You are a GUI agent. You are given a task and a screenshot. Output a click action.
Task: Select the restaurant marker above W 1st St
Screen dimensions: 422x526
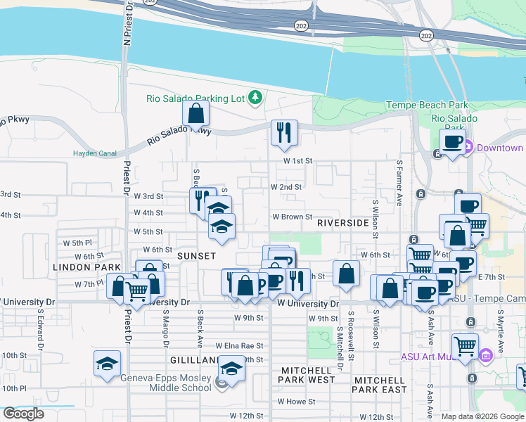(x=284, y=132)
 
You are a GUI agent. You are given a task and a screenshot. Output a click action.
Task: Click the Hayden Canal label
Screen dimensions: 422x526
(x=92, y=153)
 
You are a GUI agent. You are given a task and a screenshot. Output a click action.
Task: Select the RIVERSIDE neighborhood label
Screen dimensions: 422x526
(x=342, y=222)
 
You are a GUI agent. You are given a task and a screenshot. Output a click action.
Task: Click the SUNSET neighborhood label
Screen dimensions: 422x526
(x=196, y=255)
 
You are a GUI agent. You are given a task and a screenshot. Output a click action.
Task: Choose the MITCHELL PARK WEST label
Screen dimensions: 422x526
(x=308, y=375)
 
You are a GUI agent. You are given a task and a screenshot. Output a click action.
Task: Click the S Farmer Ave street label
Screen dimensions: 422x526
(x=399, y=183)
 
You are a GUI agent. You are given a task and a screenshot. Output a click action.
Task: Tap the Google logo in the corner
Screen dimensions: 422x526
(x=23, y=414)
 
